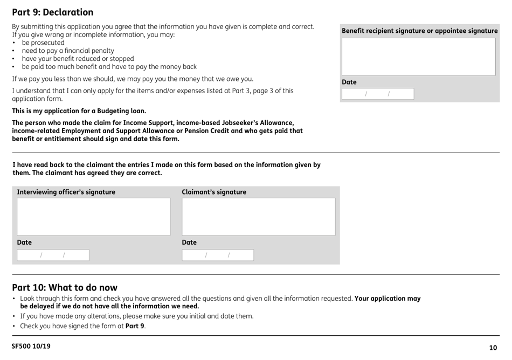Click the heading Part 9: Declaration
point(52,12)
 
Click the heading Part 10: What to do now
point(64,287)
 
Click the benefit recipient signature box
point(418,57)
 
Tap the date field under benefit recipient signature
point(378,94)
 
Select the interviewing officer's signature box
point(93,217)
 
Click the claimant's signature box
point(259,217)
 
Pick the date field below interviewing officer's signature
point(53,255)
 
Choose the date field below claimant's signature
point(218,255)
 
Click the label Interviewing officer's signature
point(66,192)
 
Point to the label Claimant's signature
point(214,192)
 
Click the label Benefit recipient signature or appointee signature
point(419,31)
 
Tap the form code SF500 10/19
point(31,346)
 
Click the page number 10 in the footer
point(493,348)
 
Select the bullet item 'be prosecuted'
point(43,43)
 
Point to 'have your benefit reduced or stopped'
point(78,59)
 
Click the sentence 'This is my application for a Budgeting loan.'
point(79,111)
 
